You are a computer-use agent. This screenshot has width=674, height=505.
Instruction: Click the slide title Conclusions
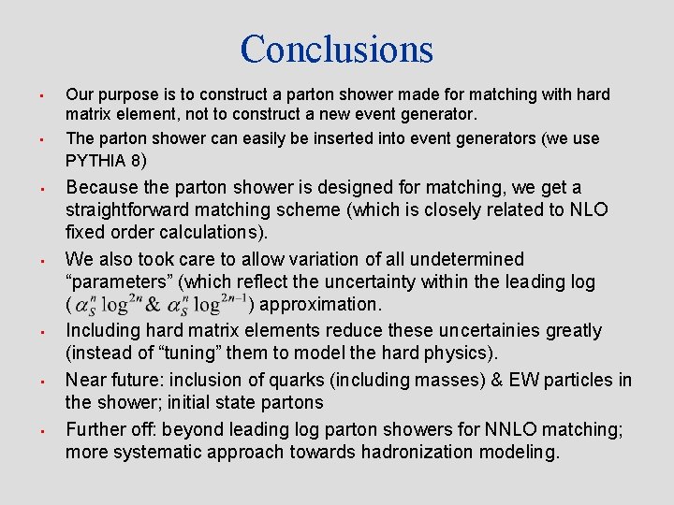(x=337, y=49)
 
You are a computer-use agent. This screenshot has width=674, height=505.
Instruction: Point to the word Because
(x=103, y=187)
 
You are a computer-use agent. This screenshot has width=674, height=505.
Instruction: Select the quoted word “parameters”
(x=119, y=281)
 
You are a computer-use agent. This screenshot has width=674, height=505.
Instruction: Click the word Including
(x=103, y=330)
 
